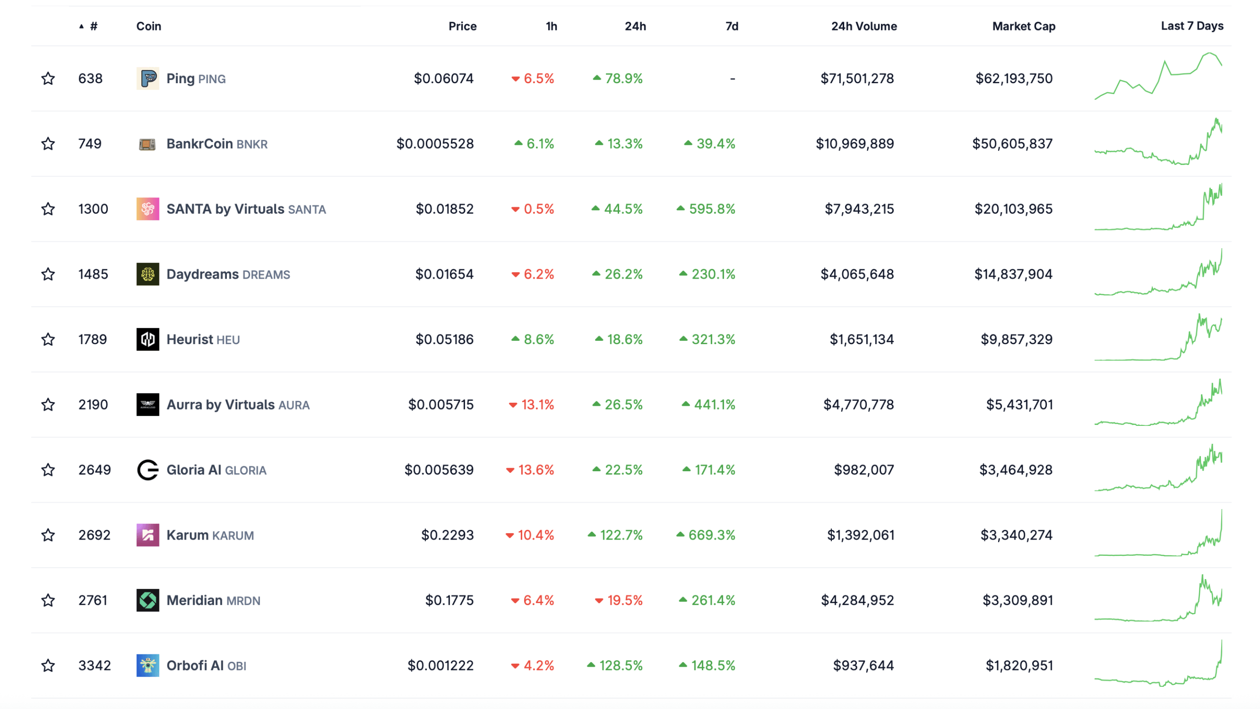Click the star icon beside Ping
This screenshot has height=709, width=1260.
(x=48, y=78)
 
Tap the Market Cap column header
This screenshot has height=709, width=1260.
(x=1023, y=26)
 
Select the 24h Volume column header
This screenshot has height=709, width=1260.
(x=863, y=26)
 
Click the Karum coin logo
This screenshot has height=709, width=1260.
(x=148, y=535)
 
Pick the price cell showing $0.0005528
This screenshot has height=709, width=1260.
(x=435, y=144)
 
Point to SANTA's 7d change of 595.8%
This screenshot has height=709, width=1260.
(x=711, y=209)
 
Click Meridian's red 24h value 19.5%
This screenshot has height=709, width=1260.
(x=624, y=600)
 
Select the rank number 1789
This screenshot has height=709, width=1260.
(x=93, y=339)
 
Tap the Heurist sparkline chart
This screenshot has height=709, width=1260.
(x=1158, y=339)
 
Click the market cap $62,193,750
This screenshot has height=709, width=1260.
(x=1013, y=78)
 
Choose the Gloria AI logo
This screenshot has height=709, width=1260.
(x=148, y=470)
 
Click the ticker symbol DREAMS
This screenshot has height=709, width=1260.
(x=266, y=275)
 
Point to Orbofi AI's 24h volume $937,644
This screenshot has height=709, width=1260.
(x=863, y=666)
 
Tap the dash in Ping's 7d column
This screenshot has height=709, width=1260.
(x=732, y=79)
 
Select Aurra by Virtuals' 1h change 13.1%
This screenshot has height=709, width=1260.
(x=537, y=405)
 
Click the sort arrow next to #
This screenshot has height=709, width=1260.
(x=81, y=27)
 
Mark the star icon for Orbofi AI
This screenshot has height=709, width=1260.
(x=48, y=666)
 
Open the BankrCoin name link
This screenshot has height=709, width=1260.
(x=199, y=144)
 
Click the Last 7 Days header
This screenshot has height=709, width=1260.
(x=1192, y=26)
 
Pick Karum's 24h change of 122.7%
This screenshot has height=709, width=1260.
(x=621, y=535)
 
